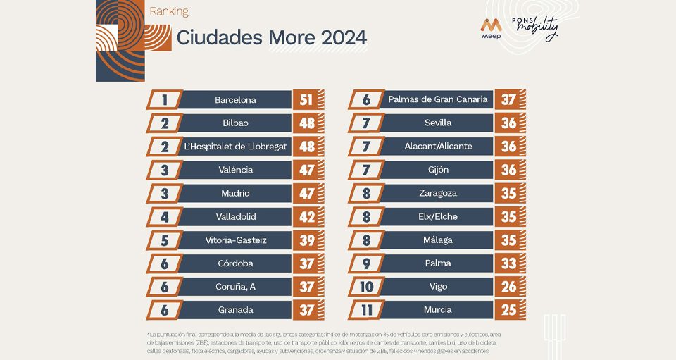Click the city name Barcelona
point(235,100)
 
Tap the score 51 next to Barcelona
point(306,100)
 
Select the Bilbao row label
point(235,123)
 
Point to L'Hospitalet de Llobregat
point(235,147)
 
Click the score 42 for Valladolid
point(306,216)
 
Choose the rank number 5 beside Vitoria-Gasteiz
point(165,240)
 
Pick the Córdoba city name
point(235,263)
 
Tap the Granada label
point(235,310)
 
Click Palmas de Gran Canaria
point(437,99)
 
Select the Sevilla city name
point(437,123)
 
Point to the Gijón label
point(437,170)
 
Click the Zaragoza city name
point(437,193)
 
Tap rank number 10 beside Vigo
point(366,287)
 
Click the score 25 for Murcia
point(508,310)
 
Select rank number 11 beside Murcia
point(366,310)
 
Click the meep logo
point(491,28)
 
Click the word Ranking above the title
point(169,11)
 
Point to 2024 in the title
point(344,37)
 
